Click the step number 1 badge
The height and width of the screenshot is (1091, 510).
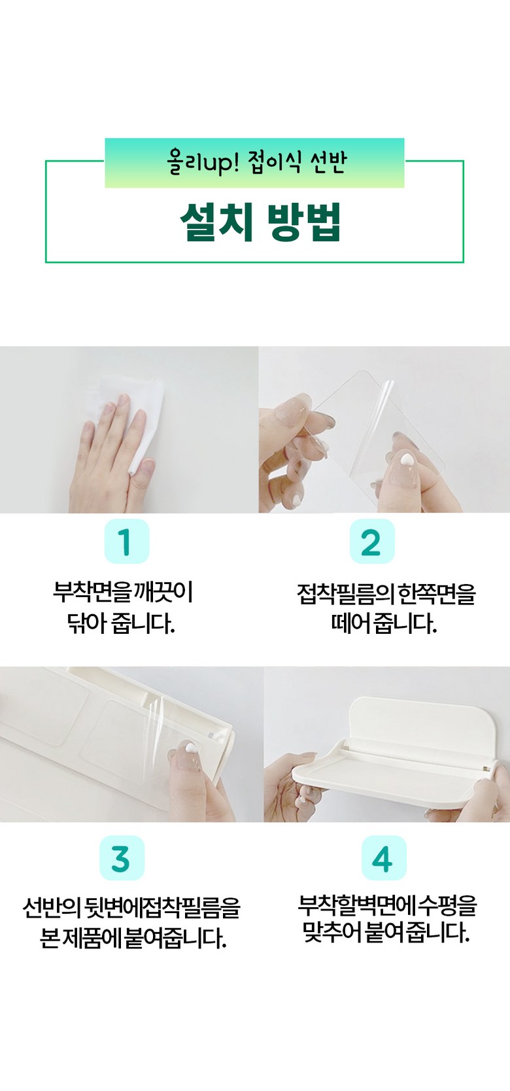coord(127,542)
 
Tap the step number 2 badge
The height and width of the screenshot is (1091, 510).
coord(372,542)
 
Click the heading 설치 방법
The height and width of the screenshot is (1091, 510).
coord(260,222)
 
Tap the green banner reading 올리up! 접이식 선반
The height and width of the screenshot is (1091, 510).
coord(254,163)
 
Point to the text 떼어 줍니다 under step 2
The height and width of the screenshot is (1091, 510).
coord(384,623)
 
